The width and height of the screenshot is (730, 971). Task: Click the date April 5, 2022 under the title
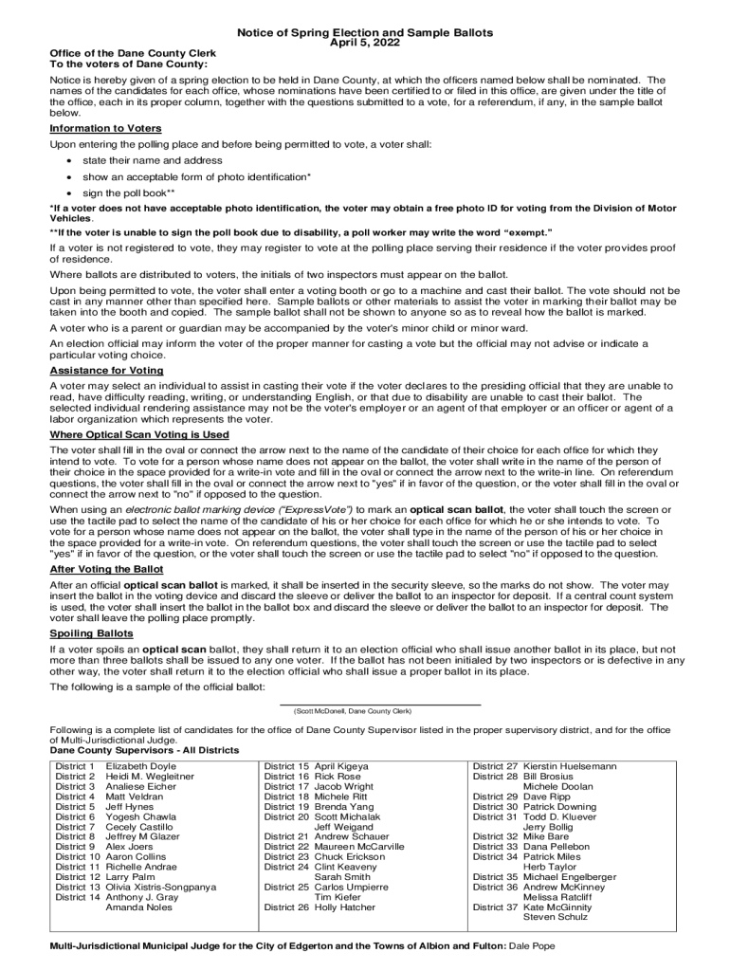[x=365, y=44]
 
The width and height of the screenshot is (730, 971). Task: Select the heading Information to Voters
[x=105, y=128]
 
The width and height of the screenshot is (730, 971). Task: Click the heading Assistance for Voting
[x=106, y=371]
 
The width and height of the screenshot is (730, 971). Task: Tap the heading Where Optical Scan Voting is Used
[x=139, y=434]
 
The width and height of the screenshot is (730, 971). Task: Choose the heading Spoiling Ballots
[x=91, y=632]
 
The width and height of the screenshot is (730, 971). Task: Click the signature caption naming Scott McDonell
[x=352, y=710]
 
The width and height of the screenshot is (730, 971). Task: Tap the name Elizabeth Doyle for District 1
[x=140, y=765]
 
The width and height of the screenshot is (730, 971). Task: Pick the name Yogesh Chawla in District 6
[x=140, y=816]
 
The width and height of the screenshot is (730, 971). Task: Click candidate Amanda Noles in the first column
[x=139, y=907]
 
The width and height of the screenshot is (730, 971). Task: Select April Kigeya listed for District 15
[x=341, y=765]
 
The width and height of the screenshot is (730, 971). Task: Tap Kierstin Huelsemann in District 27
[x=570, y=765]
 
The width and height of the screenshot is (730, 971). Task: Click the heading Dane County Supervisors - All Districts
[x=144, y=750]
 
